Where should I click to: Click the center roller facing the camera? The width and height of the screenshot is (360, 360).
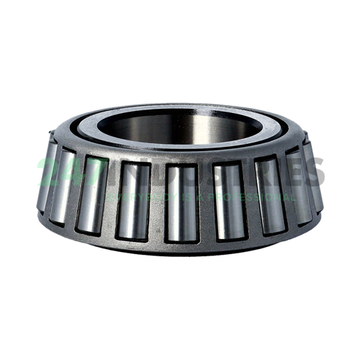181,202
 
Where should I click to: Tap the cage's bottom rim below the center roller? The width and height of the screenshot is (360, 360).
181,248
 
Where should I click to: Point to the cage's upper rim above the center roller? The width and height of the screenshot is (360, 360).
181,159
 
